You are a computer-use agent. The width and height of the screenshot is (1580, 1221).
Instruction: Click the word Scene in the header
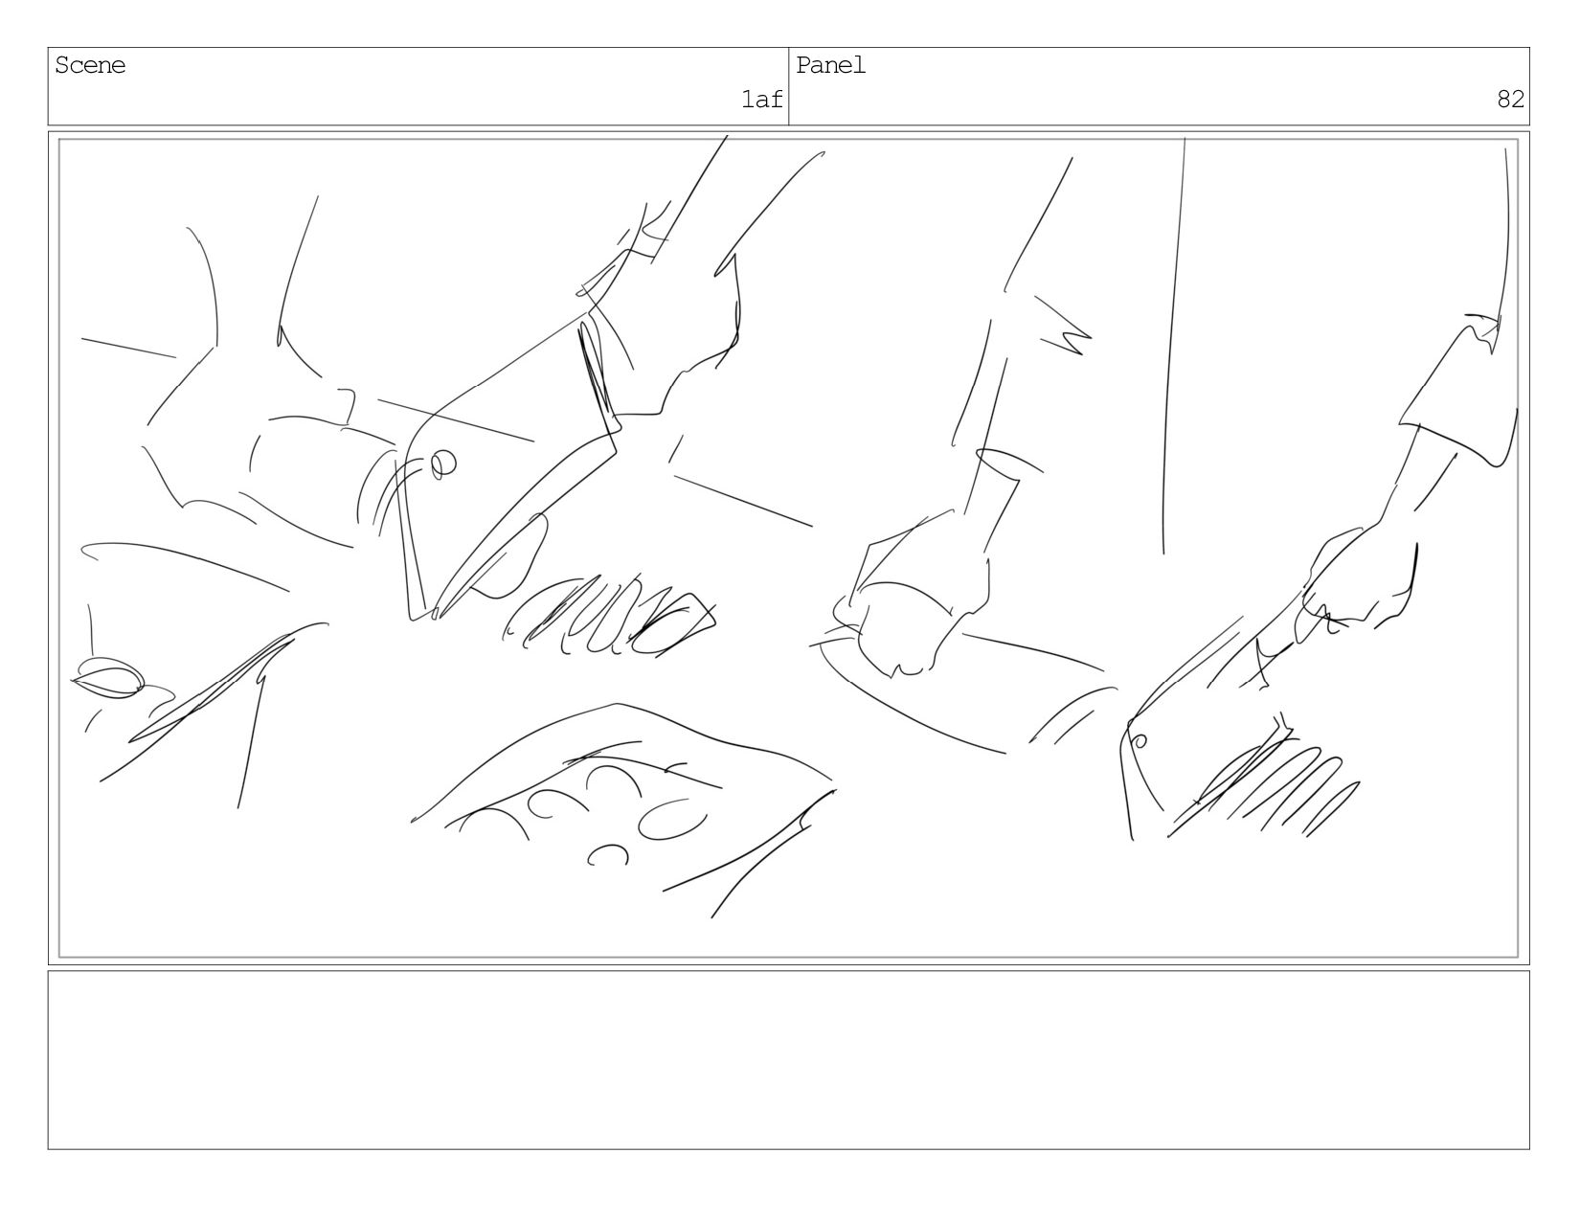(x=90, y=65)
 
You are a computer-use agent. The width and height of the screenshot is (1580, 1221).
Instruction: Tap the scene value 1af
(x=761, y=99)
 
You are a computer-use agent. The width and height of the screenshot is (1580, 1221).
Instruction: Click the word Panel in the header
(x=830, y=65)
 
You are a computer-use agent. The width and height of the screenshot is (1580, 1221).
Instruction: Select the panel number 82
(x=1510, y=99)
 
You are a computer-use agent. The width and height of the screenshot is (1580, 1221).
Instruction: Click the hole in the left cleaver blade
(x=442, y=464)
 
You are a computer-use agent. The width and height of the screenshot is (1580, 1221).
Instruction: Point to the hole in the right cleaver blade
(x=1140, y=741)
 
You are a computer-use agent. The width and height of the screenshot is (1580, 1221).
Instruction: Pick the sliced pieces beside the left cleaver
(x=607, y=618)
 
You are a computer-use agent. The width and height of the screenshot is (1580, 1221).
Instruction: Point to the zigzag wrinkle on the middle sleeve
(x=1065, y=328)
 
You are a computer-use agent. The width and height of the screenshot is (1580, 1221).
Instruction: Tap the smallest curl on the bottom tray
(x=608, y=854)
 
